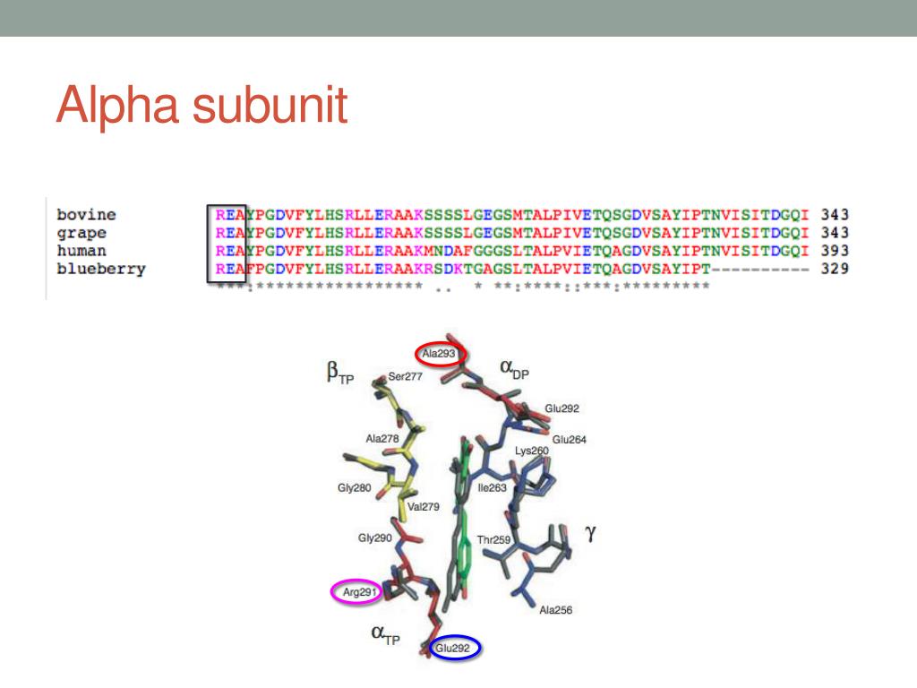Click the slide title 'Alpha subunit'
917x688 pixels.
[201, 106]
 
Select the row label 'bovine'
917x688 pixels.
[86, 215]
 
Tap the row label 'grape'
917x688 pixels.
[81, 233]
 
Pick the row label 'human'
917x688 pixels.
[81, 251]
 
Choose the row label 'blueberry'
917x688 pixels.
[100, 269]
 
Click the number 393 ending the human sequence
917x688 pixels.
[834, 251]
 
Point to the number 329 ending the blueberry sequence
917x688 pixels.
[834, 269]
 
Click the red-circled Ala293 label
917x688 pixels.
[440, 354]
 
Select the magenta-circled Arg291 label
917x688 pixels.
[356, 591]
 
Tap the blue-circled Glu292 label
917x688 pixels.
[458, 648]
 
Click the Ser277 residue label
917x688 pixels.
[405, 377]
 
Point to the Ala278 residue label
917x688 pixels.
[382, 438]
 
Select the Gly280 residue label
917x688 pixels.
[355, 488]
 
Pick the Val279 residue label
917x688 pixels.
[424, 506]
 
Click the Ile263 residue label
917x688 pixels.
[493, 488]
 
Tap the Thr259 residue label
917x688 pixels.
[493, 540]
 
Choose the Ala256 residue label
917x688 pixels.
[556, 610]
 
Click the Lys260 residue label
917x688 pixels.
[532, 451]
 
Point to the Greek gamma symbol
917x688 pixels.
[590, 534]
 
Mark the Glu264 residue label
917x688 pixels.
[570, 439]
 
